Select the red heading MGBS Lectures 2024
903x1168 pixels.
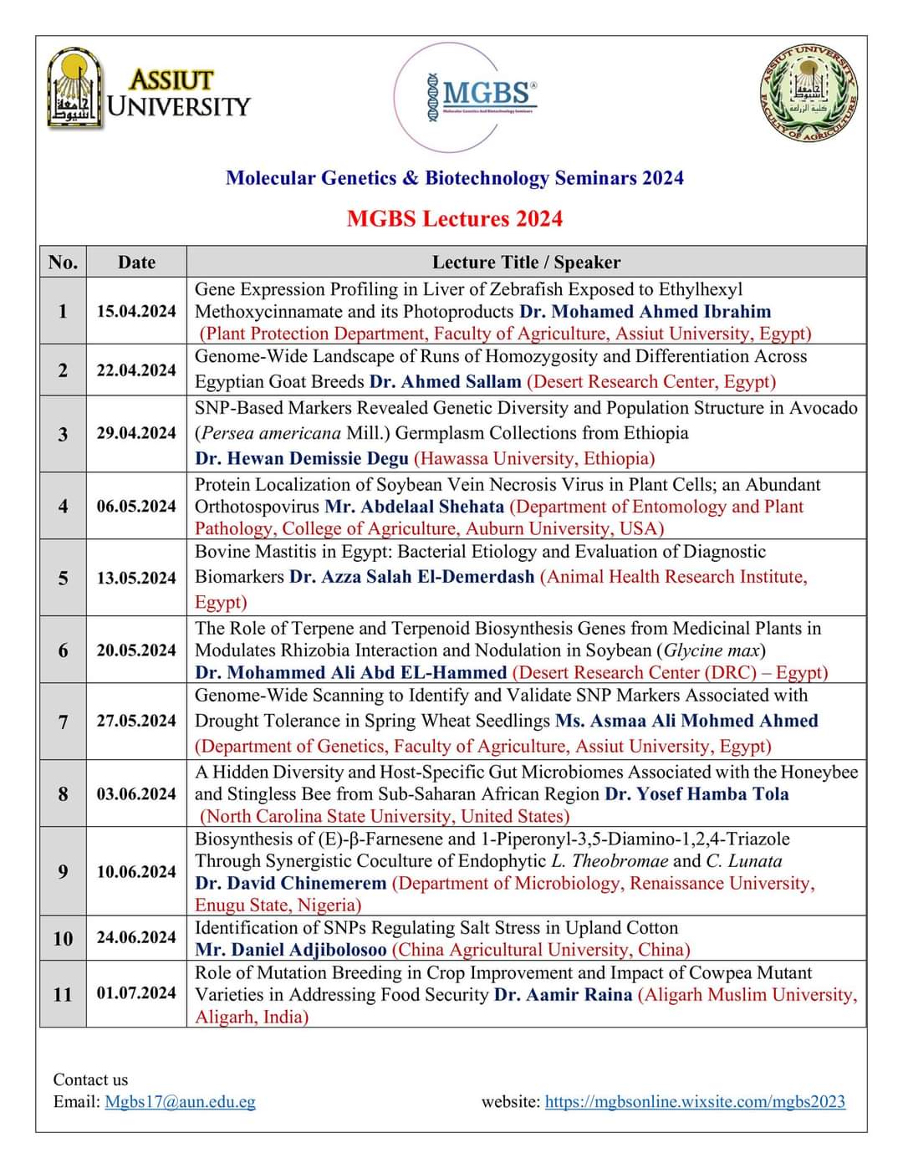[455, 219]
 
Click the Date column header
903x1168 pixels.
[136, 263]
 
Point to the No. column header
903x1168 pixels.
[63, 263]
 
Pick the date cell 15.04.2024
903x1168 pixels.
[136, 311]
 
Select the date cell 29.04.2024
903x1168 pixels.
[136, 433]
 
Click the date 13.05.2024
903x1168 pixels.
[136, 578]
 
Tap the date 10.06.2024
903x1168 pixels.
[136, 871]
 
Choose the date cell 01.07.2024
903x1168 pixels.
[136, 993]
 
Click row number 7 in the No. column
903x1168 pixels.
[63, 721]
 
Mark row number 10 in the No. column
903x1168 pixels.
[63, 938]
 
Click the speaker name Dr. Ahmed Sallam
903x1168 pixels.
[446, 382]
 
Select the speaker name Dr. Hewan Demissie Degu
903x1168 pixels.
[302, 458]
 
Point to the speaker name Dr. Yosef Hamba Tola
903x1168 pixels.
[696, 794]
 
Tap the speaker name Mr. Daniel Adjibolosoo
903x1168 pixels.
[291, 950]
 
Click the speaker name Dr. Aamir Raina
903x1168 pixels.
[564, 995]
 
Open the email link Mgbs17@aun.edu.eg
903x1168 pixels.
[180, 1102]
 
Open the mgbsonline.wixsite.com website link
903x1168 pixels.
[695, 1102]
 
